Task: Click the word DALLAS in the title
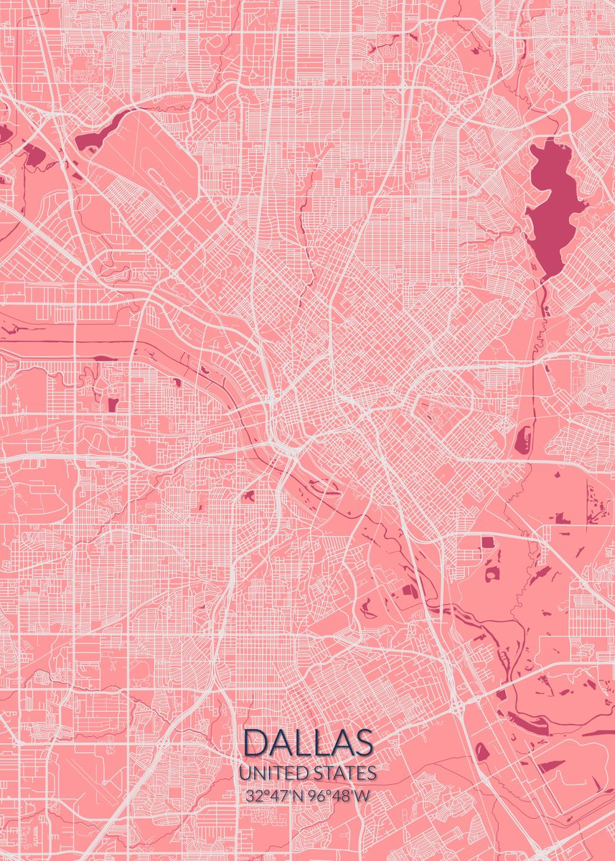309,743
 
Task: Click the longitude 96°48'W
342,795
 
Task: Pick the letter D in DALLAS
255,743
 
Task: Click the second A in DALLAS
340,743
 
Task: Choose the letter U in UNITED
245,773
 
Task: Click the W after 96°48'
365,795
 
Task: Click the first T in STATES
331,773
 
